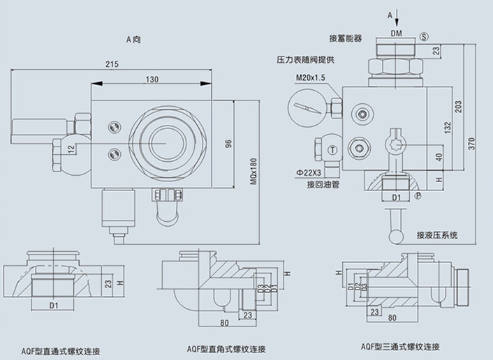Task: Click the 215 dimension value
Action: click(112, 64)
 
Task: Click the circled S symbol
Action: click(424, 36)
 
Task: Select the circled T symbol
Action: click(333, 149)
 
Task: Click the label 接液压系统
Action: click(436, 235)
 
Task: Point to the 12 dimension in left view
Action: click(71, 148)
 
